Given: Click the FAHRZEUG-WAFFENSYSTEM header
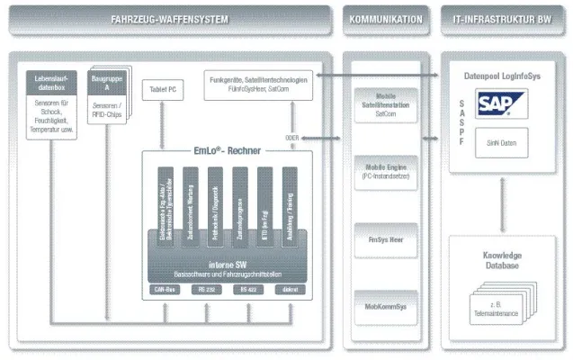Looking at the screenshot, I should pyautogui.click(x=170, y=19).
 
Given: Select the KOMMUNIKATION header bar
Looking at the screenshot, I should pyautogui.click(x=386, y=19).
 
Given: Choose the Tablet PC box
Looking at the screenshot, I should pyautogui.click(x=163, y=89).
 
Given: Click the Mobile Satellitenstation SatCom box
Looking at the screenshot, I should pyautogui.click(x=386, y=103).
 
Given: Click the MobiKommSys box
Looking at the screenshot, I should pyautogui.click(x=386, y=307).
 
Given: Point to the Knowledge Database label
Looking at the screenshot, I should pyautogui.click(x=501, y=260).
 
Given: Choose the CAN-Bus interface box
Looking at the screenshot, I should pyautogui.click(x=166, y=289).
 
